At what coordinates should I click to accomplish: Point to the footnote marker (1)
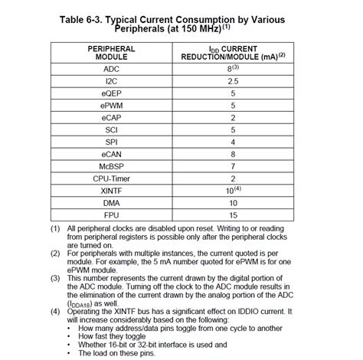pyautogui.click(x=56, y=229)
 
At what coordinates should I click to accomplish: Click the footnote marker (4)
pyautogui.click(x=56, y=313)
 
